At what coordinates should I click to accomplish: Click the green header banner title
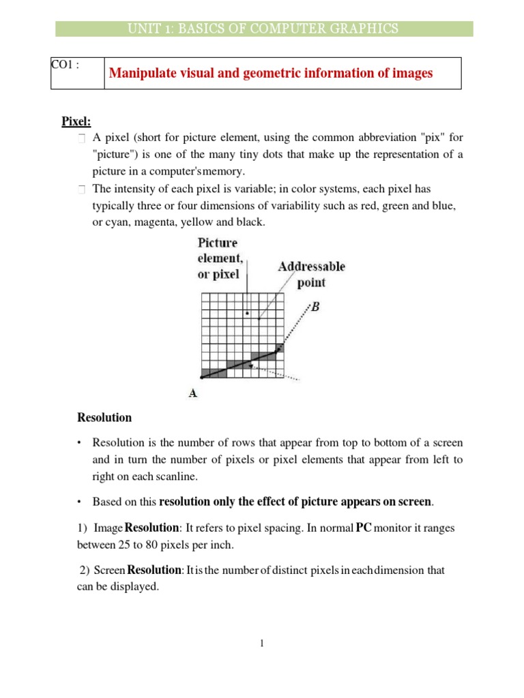pos(264,28)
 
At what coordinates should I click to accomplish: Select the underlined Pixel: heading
pos(76,121)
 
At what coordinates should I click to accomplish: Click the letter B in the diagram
pos(315,307)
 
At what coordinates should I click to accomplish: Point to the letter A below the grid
pos(193,393)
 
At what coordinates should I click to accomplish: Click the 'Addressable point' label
pos(311,274)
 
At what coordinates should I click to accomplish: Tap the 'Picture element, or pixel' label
pos(218,258)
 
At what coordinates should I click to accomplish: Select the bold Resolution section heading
pos(104,417)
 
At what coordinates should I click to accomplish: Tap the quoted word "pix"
pos(430,136)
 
